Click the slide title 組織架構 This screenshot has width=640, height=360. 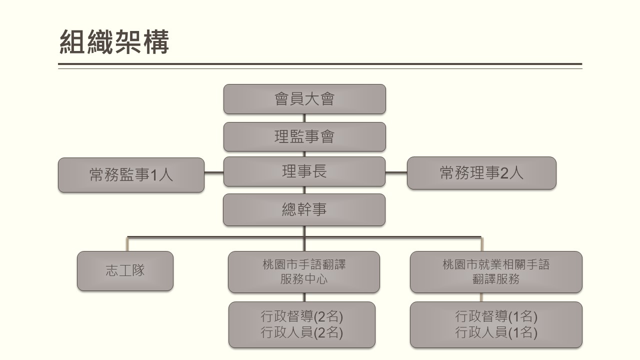pos(114,42)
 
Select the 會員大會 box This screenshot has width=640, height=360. pos(304,99)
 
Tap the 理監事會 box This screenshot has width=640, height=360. pos(304,136)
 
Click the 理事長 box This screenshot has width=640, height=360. pos(304,171)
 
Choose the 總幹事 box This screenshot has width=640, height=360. pos(304,209)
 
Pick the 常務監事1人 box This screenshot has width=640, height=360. pos(131,175)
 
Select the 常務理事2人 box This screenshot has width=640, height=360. pos(481,173)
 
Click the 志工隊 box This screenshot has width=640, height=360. pos(125,271)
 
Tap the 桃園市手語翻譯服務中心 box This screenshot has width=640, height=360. pos(304,272)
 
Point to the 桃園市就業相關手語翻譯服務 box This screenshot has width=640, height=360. pos(496,272)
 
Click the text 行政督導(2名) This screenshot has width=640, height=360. pos(302,316)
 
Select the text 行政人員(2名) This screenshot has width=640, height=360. pos(302,332)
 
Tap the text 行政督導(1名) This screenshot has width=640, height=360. pos(496,316)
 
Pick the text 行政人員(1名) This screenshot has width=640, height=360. pos(496,332)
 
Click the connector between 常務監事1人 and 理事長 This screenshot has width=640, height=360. pos(214,173)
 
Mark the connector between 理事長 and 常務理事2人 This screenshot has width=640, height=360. pos(396,172)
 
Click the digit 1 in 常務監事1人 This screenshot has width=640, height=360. pos(154,175)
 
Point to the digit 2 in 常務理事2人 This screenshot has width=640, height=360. pos(504,173)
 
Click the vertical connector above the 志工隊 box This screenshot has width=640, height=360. pos(127,244)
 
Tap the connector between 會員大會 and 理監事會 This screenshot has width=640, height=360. pos(304,118)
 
